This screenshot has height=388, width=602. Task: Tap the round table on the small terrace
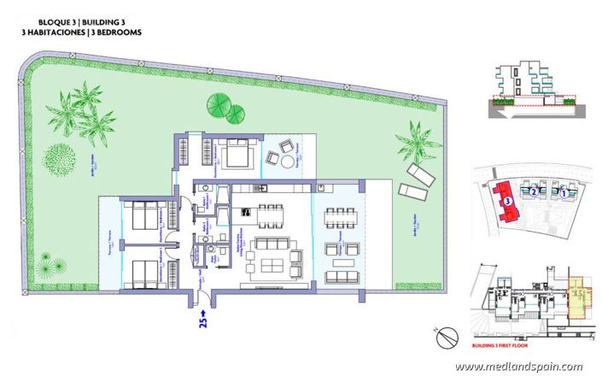pos(288,162)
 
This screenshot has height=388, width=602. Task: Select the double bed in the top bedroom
pos(237,155)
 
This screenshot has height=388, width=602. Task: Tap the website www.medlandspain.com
pos(518,367)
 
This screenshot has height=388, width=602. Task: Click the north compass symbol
pos(446,338)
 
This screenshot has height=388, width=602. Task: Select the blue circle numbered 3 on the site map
pos(507,201)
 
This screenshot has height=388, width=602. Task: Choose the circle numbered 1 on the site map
pos(564,194)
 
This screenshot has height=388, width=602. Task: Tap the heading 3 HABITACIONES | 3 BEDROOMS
pos(83,32)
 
